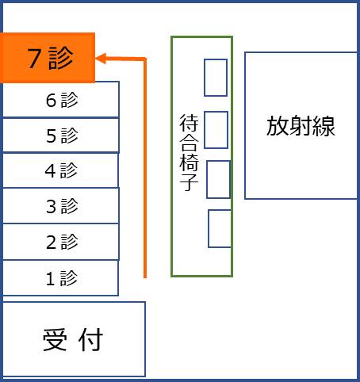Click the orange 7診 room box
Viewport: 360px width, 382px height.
point(48,58)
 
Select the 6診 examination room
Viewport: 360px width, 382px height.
point(61,99)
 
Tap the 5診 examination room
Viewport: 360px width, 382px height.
point(61,136)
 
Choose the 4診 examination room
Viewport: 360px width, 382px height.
point(60,170)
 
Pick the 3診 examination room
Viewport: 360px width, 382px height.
point(61,206)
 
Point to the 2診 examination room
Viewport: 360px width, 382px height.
point(61,242)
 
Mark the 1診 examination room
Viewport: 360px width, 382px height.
point(60,278)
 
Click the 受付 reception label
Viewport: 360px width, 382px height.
point(73,339)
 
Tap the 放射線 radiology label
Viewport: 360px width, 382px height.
point(301,126)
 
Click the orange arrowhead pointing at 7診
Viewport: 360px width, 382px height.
point(101,59)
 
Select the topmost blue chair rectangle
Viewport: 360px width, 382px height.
point(216,78)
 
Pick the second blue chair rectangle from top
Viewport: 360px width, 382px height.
point(216,130)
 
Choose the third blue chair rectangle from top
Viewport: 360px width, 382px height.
point(218,179)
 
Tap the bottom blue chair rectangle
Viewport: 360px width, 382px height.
point(220,228)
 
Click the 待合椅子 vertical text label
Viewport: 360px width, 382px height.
point(189,152)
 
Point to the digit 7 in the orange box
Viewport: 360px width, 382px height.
point(34,58)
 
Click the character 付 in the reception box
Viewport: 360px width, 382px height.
point(90,339)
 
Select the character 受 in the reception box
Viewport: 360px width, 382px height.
point(55,340)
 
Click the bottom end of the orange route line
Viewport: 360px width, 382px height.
point(145,277)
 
